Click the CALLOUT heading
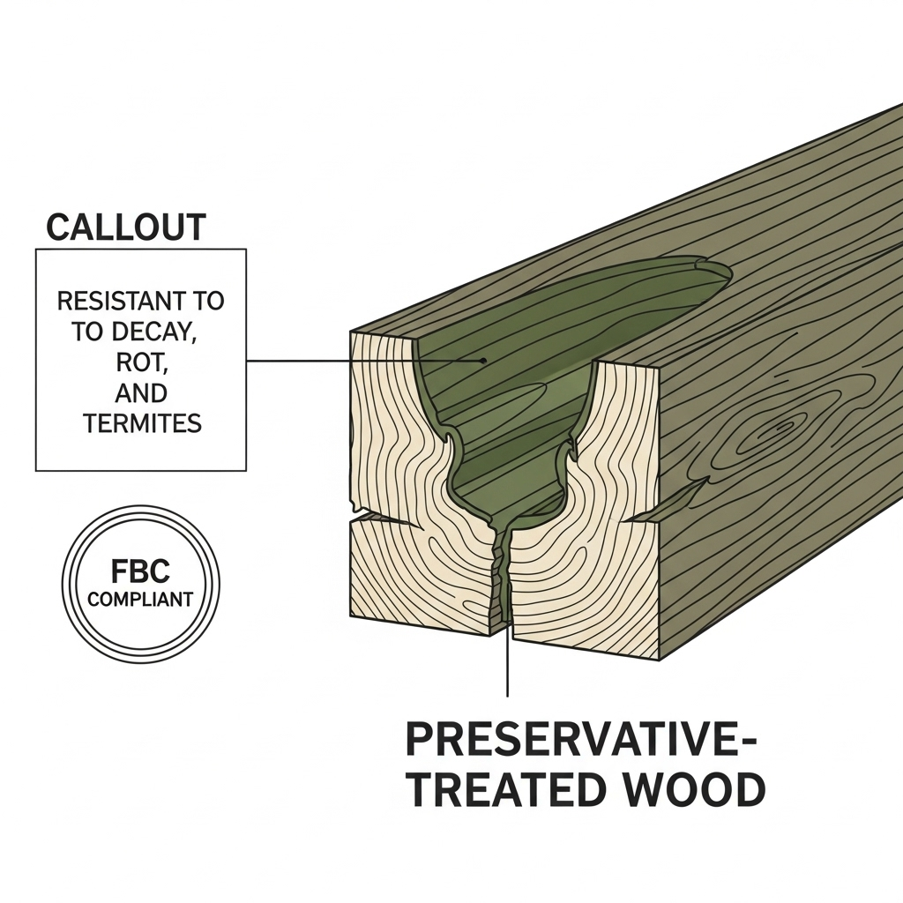pos(125,227)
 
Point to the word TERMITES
pos(142,424)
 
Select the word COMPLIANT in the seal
pos(140,600)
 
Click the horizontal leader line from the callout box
pos(353,360)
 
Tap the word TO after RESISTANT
pos(208,302)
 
